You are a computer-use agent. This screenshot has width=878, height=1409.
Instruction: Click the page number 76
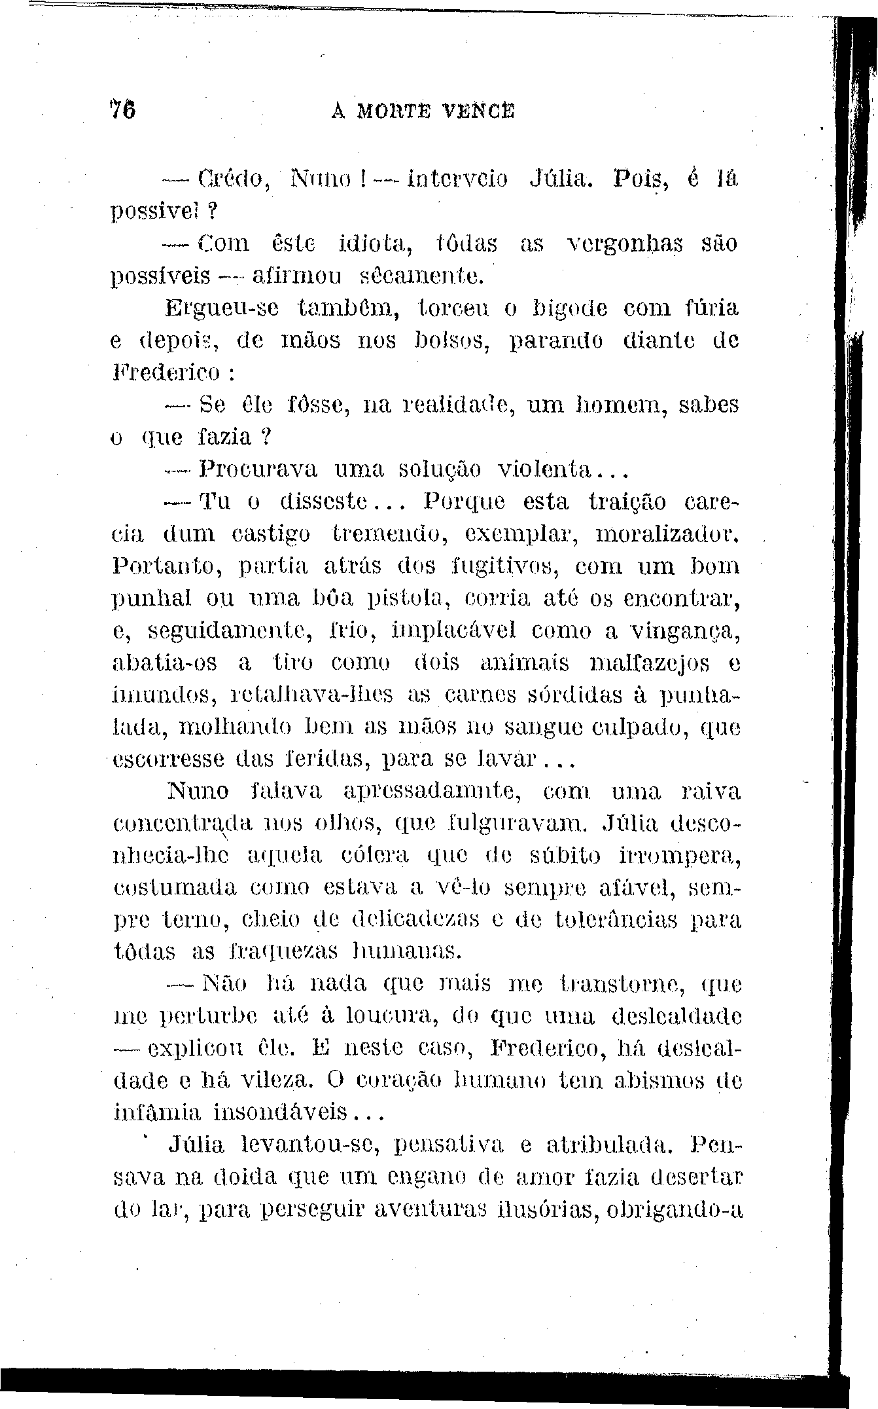122,108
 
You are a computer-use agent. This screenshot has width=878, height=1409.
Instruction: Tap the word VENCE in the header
482,109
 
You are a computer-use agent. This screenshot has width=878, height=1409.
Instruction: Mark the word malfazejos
650,663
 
